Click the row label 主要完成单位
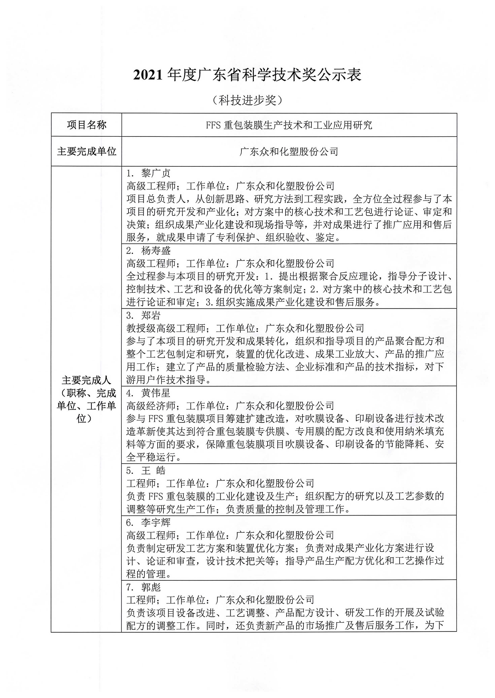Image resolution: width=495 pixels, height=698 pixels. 86,152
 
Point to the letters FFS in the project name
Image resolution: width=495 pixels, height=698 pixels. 213,125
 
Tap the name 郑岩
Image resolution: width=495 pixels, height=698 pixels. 151,315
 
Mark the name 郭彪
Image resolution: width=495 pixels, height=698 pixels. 151,587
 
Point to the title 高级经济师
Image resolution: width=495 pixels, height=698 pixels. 151,406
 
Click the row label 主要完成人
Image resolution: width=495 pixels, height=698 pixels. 86,380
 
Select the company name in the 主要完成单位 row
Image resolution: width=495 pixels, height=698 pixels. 289,152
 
